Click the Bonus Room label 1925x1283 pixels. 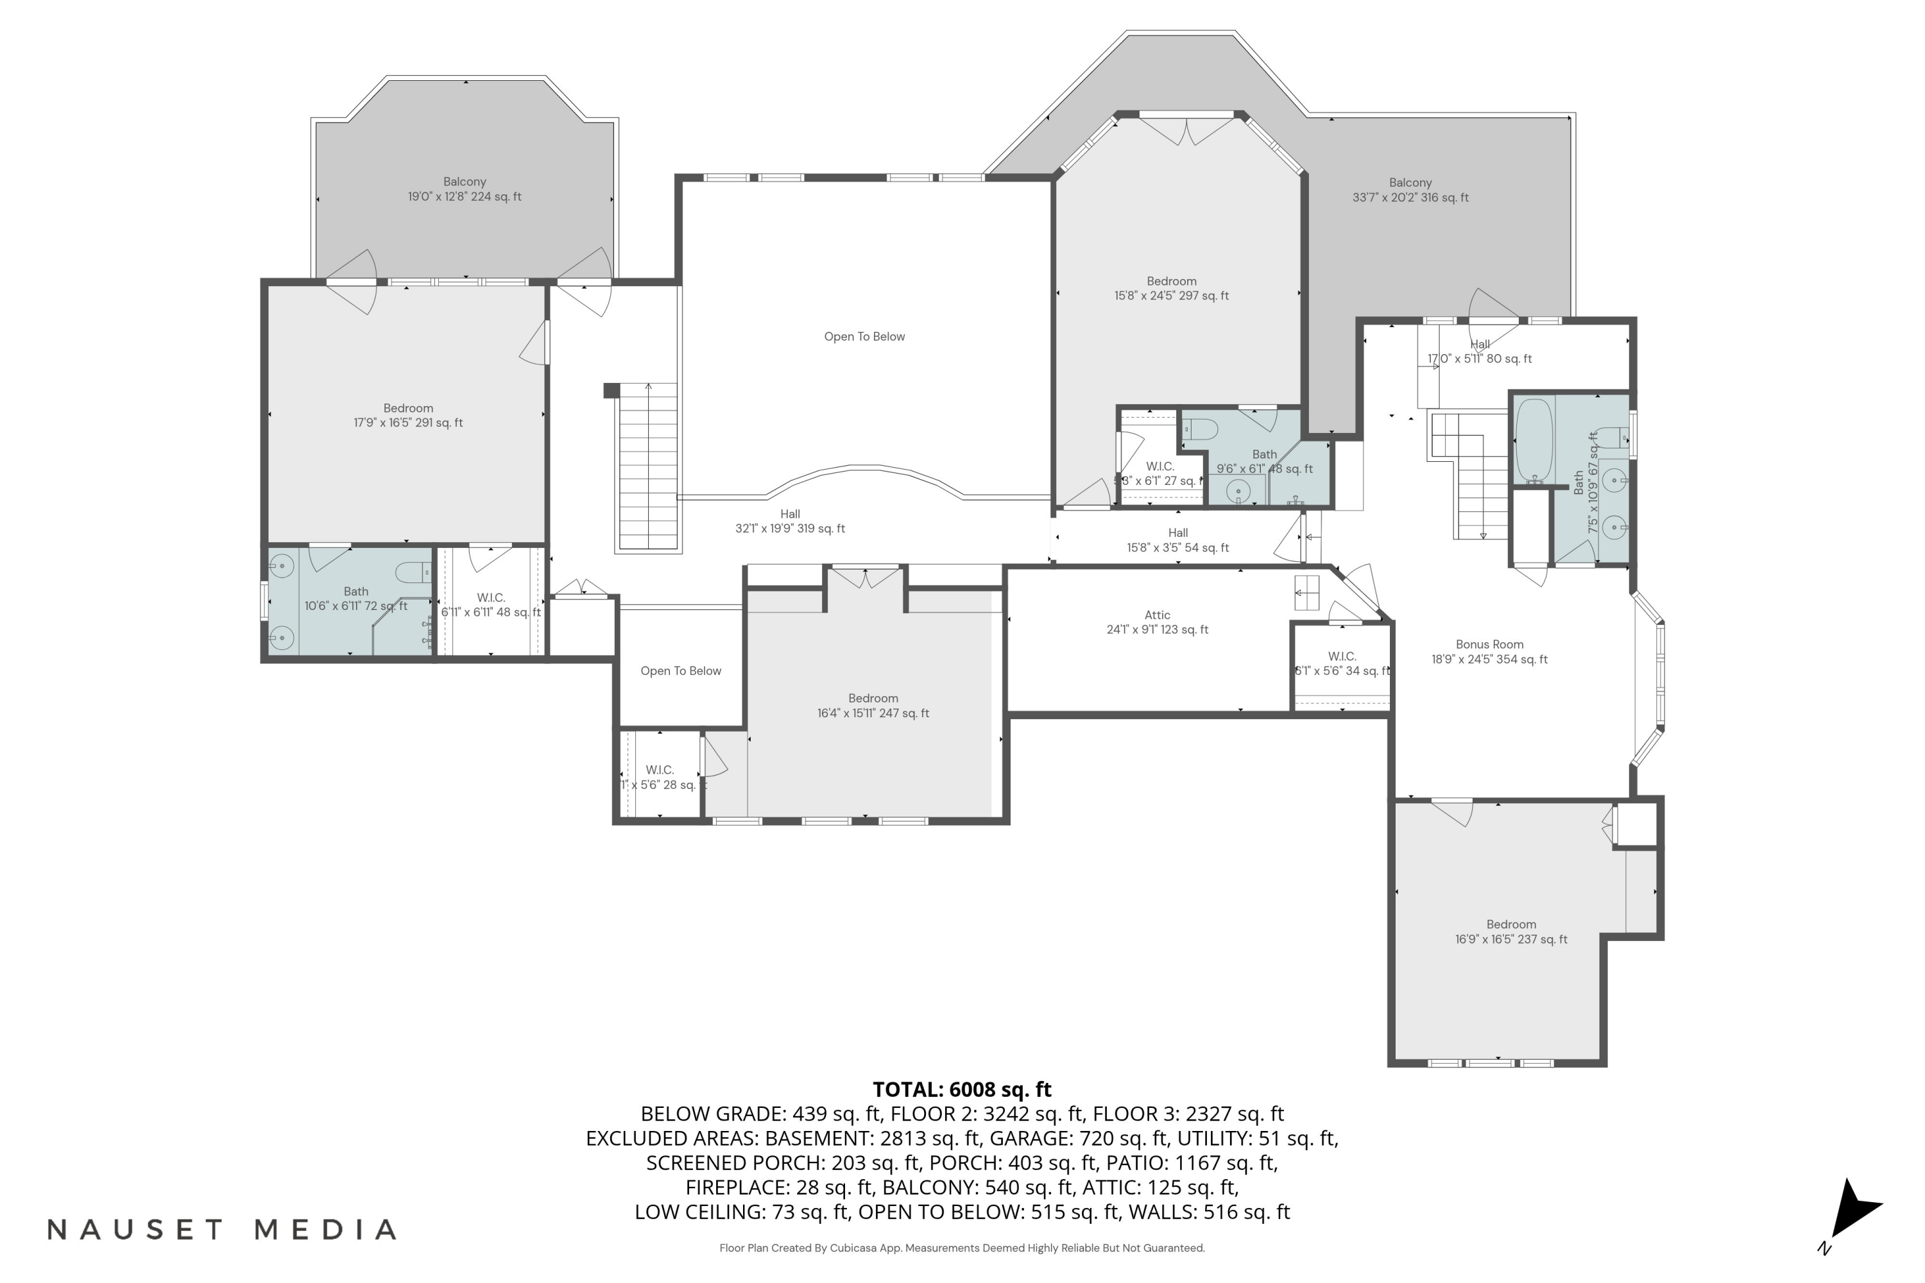(1489, 645)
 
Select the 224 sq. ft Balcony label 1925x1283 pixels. (464, 189)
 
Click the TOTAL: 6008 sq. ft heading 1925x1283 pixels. (962, 1090)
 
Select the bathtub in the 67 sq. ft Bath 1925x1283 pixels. (1534, 440)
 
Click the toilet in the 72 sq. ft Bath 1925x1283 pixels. (412, 572)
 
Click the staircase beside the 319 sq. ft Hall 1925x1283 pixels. (647, 466)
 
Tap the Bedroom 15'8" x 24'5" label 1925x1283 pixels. (1171, 289)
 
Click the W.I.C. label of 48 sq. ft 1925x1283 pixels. (490, 605)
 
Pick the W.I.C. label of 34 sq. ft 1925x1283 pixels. (1342, 663)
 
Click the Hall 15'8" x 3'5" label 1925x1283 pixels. (1177, 540)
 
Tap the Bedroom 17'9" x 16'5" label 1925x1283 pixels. (407, 416)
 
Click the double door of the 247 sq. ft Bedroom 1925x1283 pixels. (866, 579)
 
